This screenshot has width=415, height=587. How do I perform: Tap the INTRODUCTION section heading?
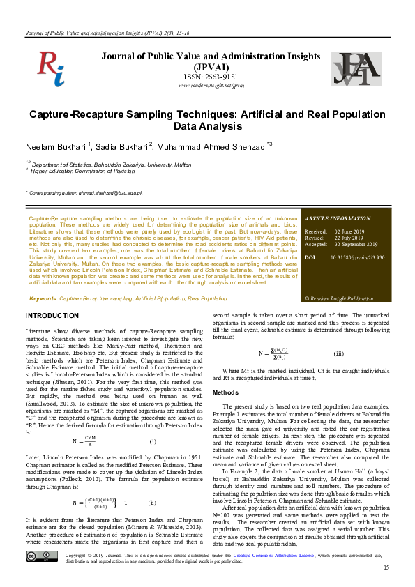click(52, 316)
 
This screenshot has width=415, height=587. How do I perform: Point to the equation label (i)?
click(153, 441)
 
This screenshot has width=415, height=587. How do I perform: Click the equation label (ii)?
click(151, 502)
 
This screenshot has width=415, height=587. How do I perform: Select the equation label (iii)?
click(338, 354)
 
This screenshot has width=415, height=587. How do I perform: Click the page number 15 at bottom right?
click(386, 569)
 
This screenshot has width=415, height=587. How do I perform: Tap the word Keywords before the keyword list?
click(43, 298)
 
